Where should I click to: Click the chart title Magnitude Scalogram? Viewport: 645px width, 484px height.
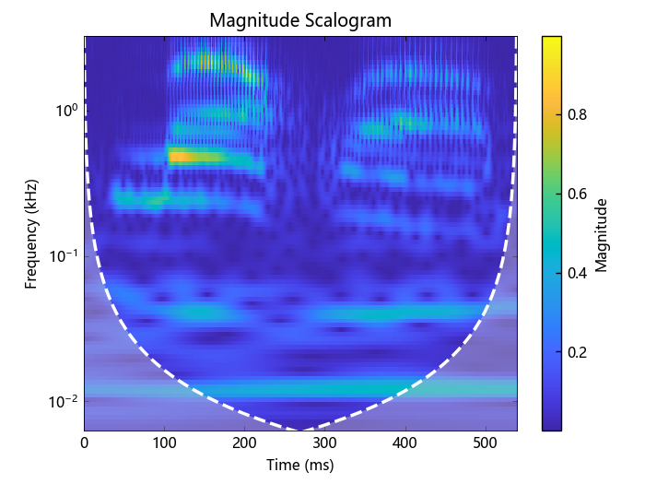tap(299, 19)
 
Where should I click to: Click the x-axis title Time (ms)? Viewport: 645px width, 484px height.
tap(299, 466)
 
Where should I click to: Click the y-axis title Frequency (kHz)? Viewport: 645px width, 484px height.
tap(31, 233)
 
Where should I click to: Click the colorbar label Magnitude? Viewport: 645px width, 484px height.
tap(602, 233)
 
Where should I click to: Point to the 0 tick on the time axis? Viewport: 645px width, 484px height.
tap(85, 443)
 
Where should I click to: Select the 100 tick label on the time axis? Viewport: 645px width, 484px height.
tap(165, 443)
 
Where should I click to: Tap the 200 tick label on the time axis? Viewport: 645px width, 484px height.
tap(245, 443)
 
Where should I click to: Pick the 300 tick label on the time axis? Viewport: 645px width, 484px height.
tap(325, 443)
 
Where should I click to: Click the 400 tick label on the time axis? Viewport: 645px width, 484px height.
tap(405, 443)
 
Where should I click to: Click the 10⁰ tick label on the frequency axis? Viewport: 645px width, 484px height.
tap(65, 112)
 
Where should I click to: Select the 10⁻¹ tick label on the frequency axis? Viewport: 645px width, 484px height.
tap(64, 256)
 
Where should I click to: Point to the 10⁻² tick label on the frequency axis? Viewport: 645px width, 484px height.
tap(64, 402)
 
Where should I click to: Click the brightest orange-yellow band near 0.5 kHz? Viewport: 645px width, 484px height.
tap(184, 156)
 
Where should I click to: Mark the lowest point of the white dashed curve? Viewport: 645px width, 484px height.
tap(299, 430)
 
